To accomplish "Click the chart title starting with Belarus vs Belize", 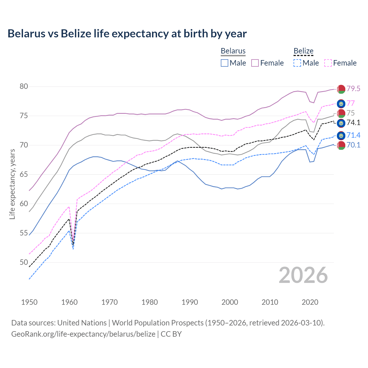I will pos(127,34).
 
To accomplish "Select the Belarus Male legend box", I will pos(225,63).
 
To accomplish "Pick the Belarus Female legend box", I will pos(255,63).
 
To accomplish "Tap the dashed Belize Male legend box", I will pos(297,63).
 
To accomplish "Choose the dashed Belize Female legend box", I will pos(328,63).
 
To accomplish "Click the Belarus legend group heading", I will pos(233,51).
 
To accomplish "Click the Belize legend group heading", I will pos(303,51).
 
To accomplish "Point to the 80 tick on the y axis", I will pos(24,87).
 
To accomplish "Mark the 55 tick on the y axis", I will pos(24,233).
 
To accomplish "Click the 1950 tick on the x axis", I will pos(29,302).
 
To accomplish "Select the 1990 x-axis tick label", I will pos(190,302).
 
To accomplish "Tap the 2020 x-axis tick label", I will pos(310,302).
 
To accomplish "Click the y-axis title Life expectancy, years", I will pos(12,184).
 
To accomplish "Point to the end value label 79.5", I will pos(353,89).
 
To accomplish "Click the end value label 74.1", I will pos(353,123).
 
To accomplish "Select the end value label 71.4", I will pos(353,135).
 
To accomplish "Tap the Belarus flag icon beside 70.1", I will pos(341,145).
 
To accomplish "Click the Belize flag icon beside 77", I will pos(341,103).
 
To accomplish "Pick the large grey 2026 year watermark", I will pos(303,275).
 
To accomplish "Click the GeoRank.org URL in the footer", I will pos(83,334).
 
